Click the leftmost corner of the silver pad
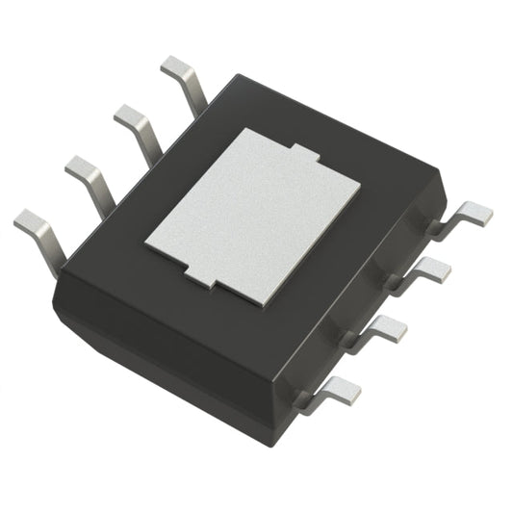[147, 243]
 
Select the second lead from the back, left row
[136, 121]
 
